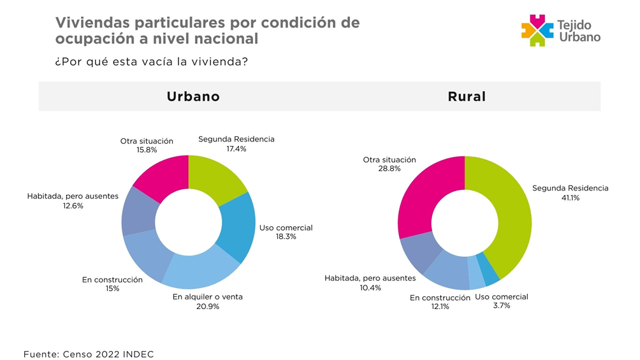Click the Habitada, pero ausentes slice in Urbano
pos(139,211)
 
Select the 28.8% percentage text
pos(389,169)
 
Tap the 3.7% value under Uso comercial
pos(501,306)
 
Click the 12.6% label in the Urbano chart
pos(73,206)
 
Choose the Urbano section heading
pos(193,97)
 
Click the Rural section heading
pos(467,97)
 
